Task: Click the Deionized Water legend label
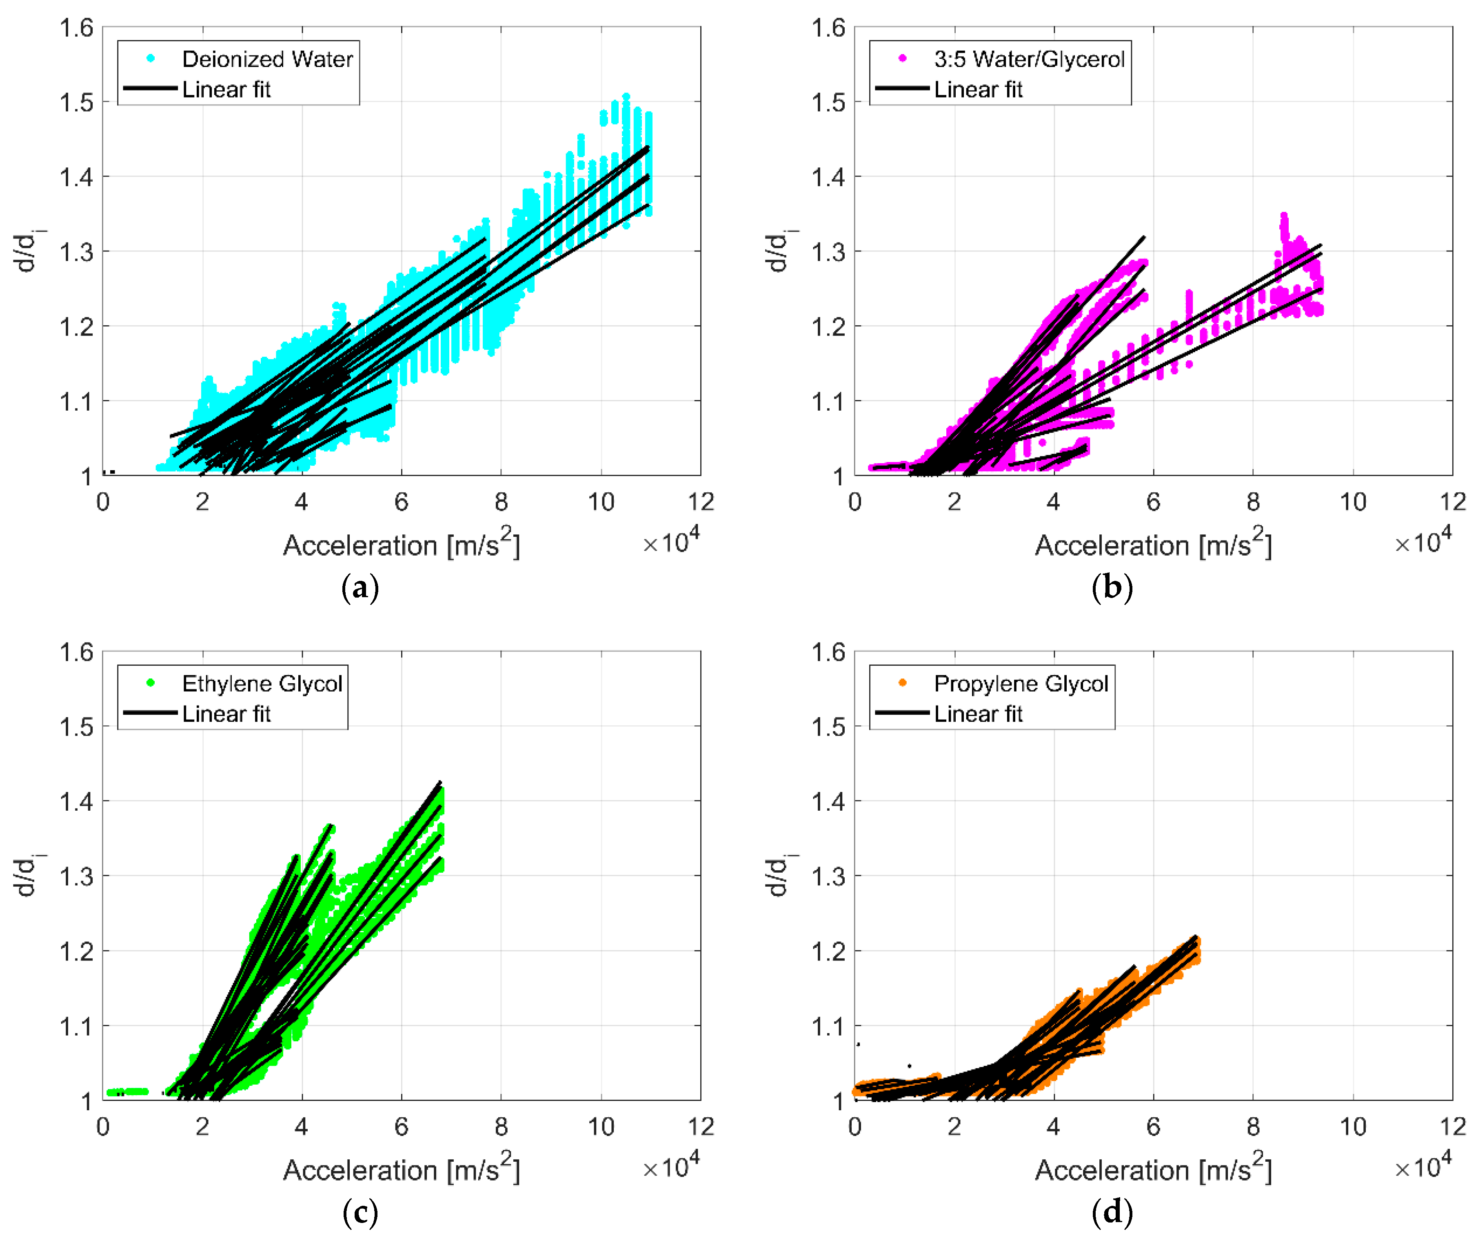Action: click(267, 59)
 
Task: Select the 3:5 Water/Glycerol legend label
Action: click(1029, 59)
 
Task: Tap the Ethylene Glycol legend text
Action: click(262, 683)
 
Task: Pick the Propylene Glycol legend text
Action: click(1021, 683)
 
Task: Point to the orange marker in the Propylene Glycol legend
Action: click(903, 682)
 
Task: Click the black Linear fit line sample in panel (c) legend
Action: click(150, 713)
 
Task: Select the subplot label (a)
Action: click(360, 587)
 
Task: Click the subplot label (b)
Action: click(1112, 587)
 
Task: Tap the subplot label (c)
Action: click(360, 1212)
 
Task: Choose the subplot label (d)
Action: click(1112, 1212)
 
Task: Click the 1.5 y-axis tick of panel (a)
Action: click(76, 102)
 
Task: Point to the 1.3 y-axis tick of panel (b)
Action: click(828, 252)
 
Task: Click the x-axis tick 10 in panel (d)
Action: click(1352, 1127)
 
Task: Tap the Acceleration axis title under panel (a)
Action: click(401, 546)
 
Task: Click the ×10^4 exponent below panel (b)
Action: click(1423, 542)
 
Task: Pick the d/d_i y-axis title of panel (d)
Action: click(777, 876)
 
